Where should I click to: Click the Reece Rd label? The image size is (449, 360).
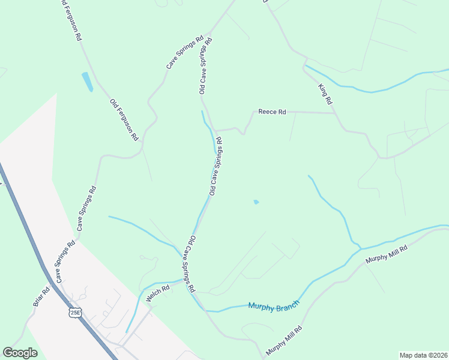[x=272, y=112]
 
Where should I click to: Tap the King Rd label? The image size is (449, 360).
[x=325, y=94]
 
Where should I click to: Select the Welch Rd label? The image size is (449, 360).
[x=158, y=293]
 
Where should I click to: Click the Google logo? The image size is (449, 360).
[x=20, y=353]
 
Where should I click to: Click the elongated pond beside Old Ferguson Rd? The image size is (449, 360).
[x=88, y=82]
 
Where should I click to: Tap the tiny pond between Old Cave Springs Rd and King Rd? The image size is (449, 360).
[x=256, y=202]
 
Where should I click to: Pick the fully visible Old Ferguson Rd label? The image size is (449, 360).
[x=124, y=120]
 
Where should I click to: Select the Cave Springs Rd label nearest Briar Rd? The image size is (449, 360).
[x=66, y=262]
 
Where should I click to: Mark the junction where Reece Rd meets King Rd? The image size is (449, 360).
[x=333, y=113]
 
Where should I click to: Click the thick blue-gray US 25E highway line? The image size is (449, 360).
[x=36, y=246]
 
